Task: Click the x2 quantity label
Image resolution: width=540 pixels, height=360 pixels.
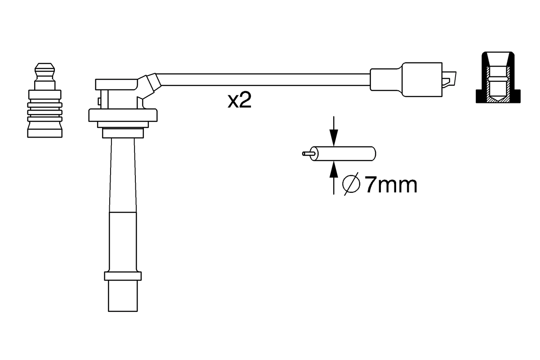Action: coord(239,100)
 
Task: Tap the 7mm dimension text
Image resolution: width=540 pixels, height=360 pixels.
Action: coord(391,185)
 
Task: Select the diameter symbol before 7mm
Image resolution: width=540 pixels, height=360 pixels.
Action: coord(351,184)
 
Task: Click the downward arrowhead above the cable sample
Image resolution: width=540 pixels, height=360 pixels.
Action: coord(334,138)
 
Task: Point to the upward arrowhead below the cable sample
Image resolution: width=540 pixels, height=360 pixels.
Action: coord(334,170)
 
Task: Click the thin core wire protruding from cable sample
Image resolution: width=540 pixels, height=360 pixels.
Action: coord(308,153)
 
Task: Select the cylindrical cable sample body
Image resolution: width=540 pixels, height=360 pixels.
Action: coord(344,153)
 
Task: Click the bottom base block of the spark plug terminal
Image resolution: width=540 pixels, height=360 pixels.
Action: coord(45,133)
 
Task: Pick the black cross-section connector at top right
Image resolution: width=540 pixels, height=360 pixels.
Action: coord(498,77)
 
